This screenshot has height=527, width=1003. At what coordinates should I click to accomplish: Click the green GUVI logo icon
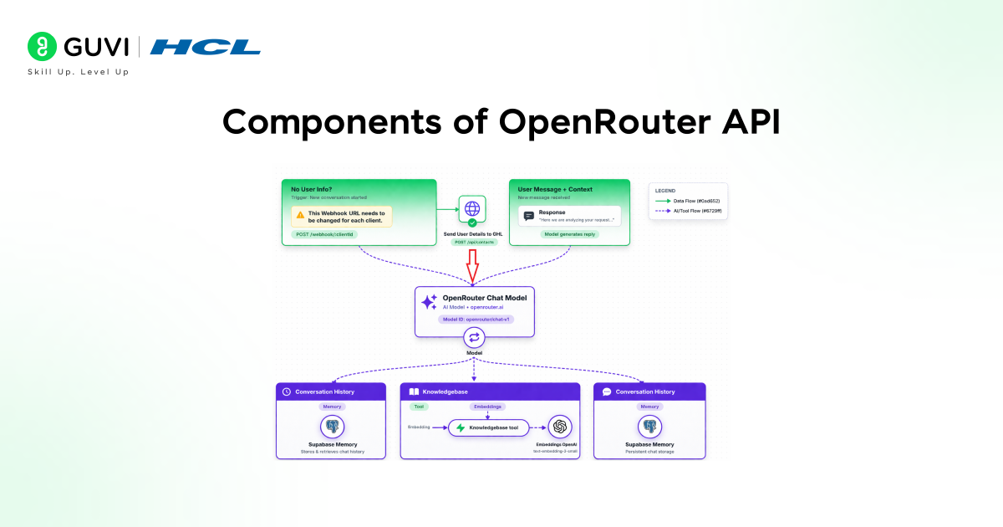41,47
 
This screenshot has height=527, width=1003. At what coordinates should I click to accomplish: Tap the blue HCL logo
205,47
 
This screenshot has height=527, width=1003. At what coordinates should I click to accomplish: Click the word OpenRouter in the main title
597,122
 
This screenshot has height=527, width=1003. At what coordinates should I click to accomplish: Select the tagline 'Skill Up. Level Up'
79,72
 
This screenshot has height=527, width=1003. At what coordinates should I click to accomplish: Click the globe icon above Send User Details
472,209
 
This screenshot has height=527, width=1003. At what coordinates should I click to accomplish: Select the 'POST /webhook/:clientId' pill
325,234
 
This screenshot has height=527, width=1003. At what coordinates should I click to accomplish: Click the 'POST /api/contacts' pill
474,242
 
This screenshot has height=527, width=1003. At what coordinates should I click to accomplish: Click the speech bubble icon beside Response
528,216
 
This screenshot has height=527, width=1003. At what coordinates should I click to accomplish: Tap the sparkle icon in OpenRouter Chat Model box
429,303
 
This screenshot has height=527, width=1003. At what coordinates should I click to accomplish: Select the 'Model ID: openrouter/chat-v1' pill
474,319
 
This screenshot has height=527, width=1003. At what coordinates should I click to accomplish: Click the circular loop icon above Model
474,337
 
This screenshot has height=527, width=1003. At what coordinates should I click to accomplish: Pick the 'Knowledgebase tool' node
489,427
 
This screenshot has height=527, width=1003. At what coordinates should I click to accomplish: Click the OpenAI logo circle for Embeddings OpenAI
560,427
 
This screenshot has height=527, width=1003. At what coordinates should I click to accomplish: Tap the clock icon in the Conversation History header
287,391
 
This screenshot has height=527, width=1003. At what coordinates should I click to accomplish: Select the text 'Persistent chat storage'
649,452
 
